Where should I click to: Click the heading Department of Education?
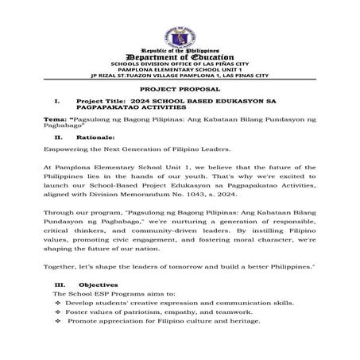pos(179,56)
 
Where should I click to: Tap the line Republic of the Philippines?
pos(179,49)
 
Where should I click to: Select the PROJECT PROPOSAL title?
pos(179,91)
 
